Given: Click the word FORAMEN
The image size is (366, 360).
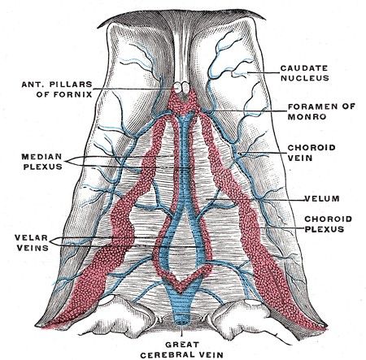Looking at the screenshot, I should coord(303,106).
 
